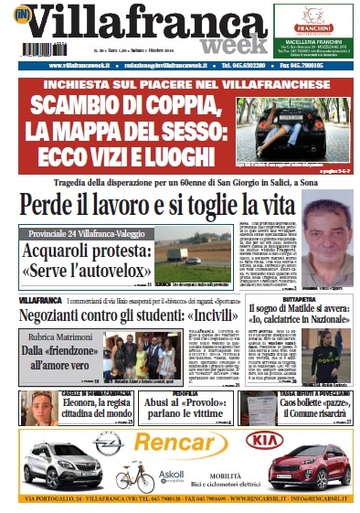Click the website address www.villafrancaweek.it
62,67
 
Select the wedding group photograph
139,356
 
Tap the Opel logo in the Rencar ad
107,440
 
